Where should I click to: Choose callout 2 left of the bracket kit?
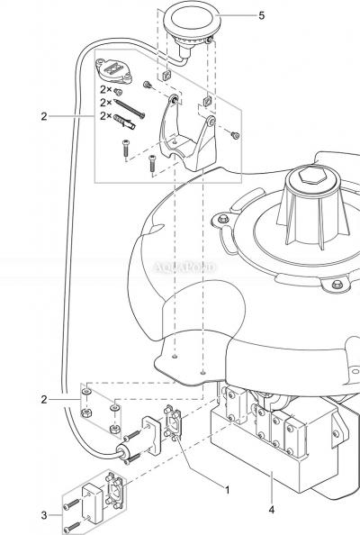[44, 116]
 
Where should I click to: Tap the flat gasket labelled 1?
[172, 422]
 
